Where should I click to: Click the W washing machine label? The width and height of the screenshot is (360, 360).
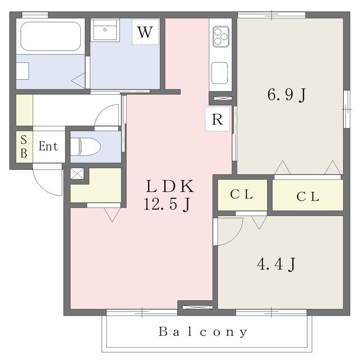145,32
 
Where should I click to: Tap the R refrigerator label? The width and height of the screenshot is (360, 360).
217,119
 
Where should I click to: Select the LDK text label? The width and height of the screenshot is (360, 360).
170,186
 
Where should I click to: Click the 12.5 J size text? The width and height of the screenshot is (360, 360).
167,204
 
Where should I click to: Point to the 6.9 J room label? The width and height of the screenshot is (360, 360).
286,94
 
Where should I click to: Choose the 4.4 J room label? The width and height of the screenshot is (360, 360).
276,264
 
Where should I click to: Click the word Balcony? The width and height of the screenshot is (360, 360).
203,332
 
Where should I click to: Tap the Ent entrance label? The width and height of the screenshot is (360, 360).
48,146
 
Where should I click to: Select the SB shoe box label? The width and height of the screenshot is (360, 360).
24,146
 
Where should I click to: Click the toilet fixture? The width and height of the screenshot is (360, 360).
85,146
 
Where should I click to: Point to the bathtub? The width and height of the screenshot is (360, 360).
51,36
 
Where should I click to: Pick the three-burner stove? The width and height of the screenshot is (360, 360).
220,37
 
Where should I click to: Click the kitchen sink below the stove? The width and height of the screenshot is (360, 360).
220,73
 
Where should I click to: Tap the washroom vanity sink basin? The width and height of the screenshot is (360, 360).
105,30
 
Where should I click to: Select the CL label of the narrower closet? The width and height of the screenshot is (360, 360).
241,195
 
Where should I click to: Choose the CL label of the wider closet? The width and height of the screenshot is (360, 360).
308,196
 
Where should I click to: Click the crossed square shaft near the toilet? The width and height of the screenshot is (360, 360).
77,174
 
